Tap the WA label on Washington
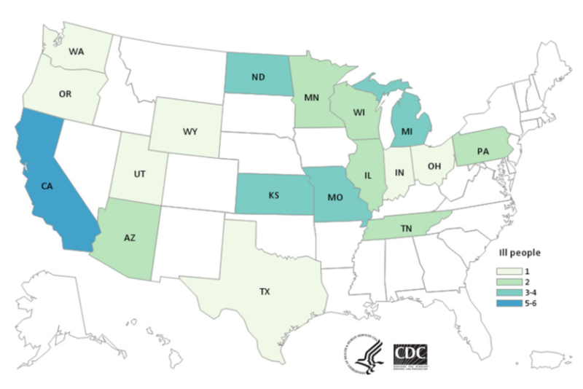80,52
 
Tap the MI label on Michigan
408,131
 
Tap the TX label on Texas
265,291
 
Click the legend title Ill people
513,254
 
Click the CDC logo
410,355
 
